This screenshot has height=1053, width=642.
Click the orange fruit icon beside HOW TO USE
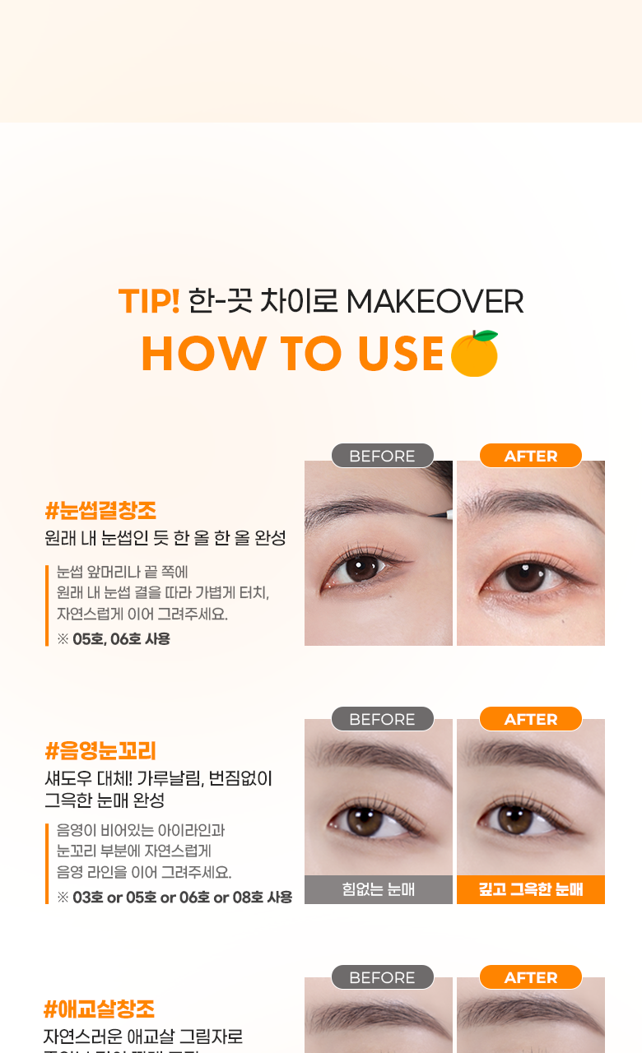474,354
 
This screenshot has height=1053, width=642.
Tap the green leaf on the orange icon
486,335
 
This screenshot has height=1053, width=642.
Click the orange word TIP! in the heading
149,301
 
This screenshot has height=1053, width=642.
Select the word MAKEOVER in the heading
435,301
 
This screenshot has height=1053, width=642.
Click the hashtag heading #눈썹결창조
100,511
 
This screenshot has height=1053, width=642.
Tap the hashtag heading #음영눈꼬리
100,751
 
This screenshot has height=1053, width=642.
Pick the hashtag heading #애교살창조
100,1009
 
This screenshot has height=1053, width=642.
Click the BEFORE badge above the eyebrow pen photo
383,456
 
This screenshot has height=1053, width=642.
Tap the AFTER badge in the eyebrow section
531,456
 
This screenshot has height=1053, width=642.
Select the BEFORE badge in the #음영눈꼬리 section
383,719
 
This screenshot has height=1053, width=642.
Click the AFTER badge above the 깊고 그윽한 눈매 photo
531,719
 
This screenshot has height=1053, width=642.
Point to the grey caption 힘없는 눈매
378,889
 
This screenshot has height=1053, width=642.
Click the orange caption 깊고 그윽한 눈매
531,889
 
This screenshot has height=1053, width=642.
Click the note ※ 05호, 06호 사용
114,639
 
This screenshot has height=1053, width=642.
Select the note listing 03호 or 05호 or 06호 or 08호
174,898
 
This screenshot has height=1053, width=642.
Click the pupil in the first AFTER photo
525,574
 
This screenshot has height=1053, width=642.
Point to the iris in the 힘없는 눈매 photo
365,821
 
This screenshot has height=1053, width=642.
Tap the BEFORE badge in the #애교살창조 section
383,977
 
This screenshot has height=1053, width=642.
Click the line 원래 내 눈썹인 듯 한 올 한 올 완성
165,538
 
